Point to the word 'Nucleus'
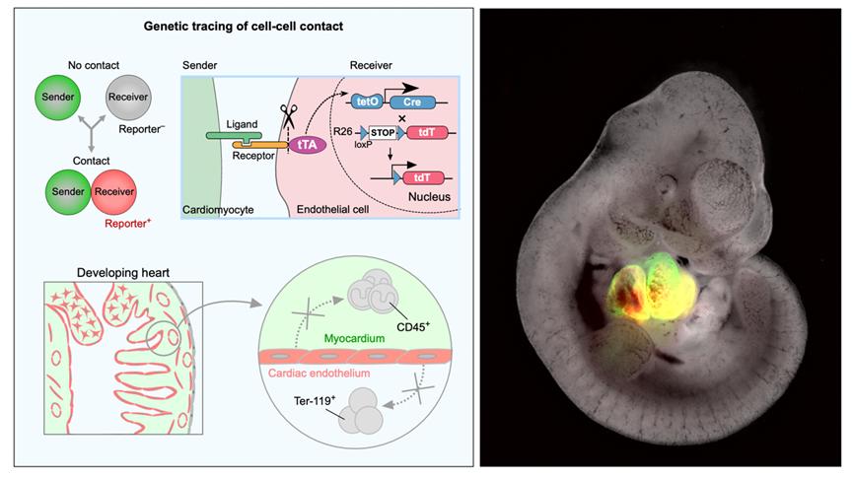pos(428,197)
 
